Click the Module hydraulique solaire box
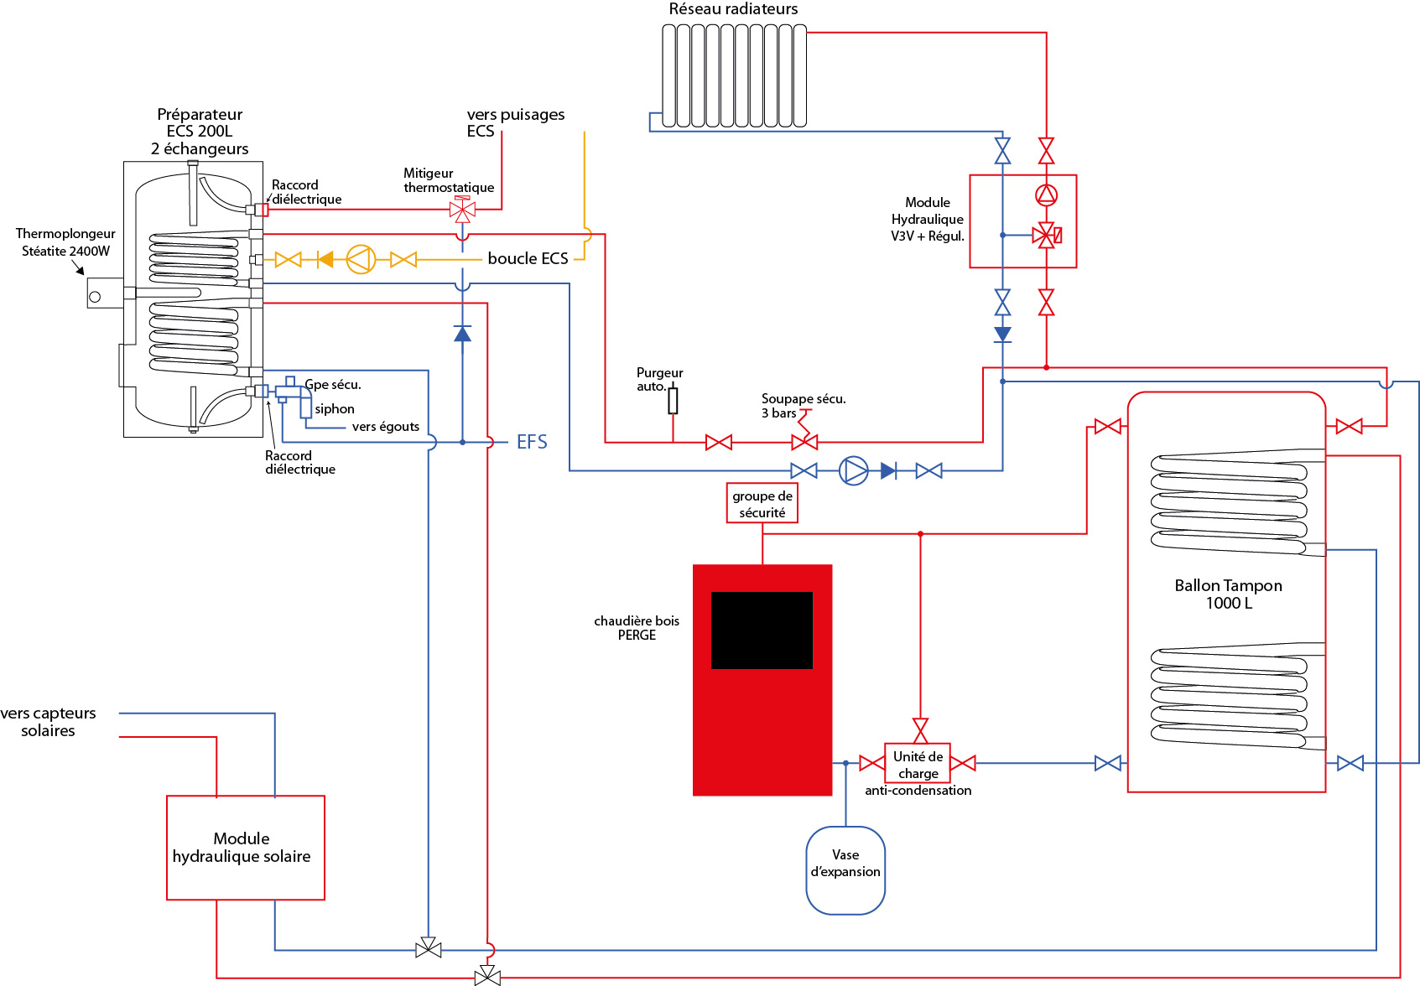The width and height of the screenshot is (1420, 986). pyautogui.click(x=245, y=848)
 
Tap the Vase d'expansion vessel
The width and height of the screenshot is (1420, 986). pyautogui.click(x=845, y=870)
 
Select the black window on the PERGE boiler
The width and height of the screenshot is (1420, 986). pyautogui.click(x=762, y=631)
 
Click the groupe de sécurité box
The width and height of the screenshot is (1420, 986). pyautogui.click(x=762, y=504)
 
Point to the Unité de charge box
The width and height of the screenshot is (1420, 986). pyautogui.click(x=918, y=763)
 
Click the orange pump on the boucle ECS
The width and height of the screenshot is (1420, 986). pyautogui.click(x=361, y=259)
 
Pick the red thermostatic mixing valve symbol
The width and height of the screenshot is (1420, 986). pyautogui.click(x=462, y=209)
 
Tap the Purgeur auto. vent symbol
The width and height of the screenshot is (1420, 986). pyautogui.click(x=673, y=401)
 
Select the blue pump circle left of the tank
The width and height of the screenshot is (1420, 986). pyautogui.click(x=854, y=470)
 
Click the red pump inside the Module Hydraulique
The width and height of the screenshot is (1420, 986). pyautogui.click(x=1046, y=195)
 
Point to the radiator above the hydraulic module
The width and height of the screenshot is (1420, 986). pyautogui.click(x=734, y=75)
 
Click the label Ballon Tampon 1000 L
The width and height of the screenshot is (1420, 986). pyautogui.click(x=1228, y=594)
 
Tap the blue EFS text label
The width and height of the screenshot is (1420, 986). pyautogui.click(x=532, y=442)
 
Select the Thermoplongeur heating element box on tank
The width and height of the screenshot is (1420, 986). pyautogui.click(x=105, y=293)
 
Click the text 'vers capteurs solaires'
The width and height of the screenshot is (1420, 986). pyautogui.click(x=49, y=722)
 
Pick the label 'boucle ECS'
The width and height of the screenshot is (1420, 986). pyautogui.click(x=528, y=258)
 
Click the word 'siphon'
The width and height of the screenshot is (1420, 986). pyautogui.click(x=335, y=409)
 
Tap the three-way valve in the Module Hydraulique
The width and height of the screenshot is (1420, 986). pyautogui.click(x=1046, y=236)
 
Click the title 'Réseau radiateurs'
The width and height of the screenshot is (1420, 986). pyautogui.click(x=733, y=9)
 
